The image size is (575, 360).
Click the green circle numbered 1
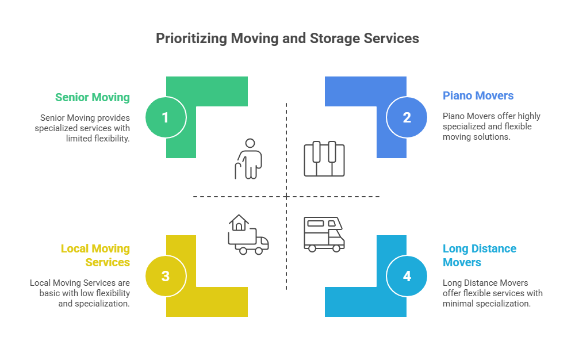tap(165, 117)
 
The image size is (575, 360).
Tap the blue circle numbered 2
tap(407, 117)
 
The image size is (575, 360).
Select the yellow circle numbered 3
tap(165, 276)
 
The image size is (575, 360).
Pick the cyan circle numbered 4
tap(407, 276)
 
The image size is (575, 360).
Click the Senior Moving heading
tap(93, 97)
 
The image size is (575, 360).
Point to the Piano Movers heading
tap(478, 95)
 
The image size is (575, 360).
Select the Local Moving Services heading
tap(95, 255)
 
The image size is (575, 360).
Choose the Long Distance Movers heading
tap(480, 255)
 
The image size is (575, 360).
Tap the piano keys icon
tap(324, 159)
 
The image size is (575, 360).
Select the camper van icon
tap(324, 233)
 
